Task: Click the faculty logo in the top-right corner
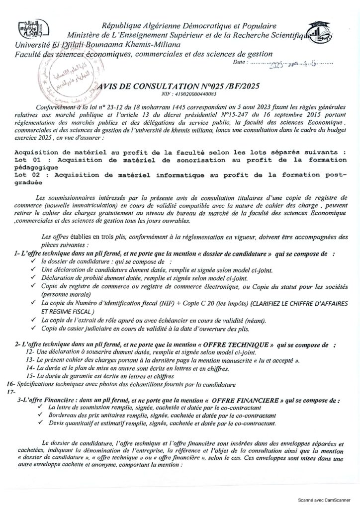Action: point(320,32)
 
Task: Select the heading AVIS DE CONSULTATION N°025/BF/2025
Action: point(180,86)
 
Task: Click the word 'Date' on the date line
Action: point(240,64)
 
